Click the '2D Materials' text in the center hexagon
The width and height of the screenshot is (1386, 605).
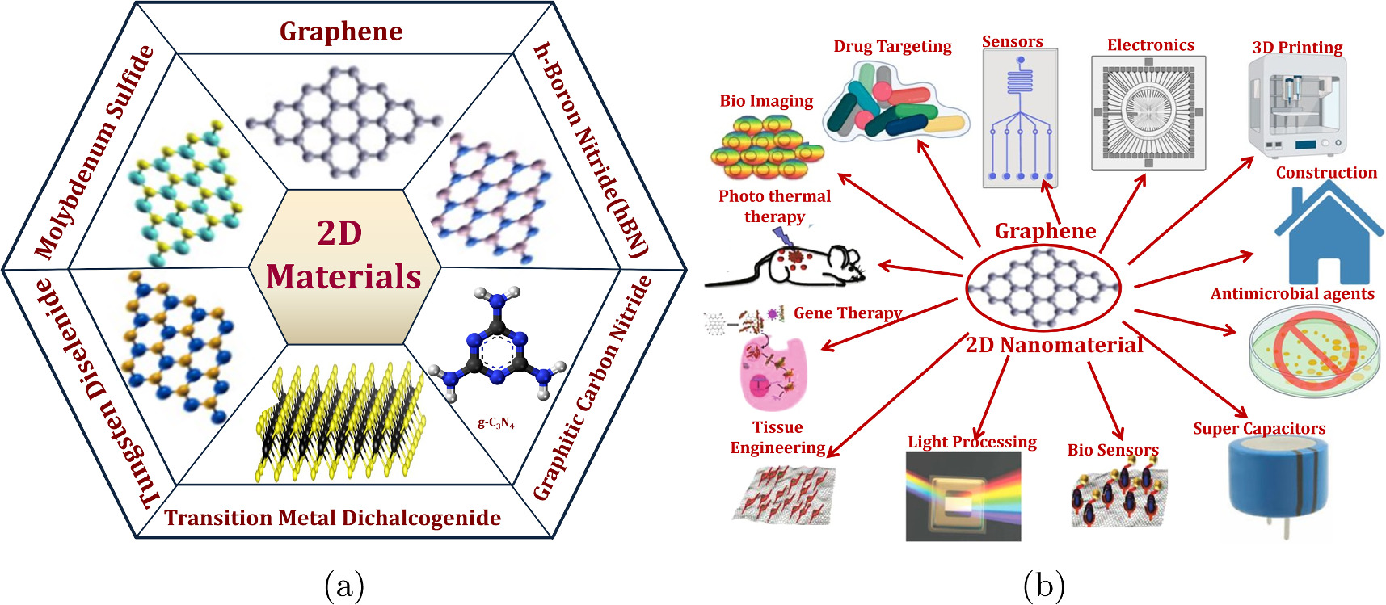[343, 255]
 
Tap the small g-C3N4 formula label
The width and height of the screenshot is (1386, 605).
[495, 422]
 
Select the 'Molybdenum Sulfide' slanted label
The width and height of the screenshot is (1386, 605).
[95, 152]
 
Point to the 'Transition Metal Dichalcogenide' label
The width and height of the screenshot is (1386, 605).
[333, 518]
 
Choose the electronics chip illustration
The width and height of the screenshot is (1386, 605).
[1148, 113]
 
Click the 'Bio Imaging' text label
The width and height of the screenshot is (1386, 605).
[766, 101]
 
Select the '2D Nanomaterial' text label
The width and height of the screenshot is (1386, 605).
[1054, 346]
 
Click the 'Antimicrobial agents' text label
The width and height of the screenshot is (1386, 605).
[1291, 294]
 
